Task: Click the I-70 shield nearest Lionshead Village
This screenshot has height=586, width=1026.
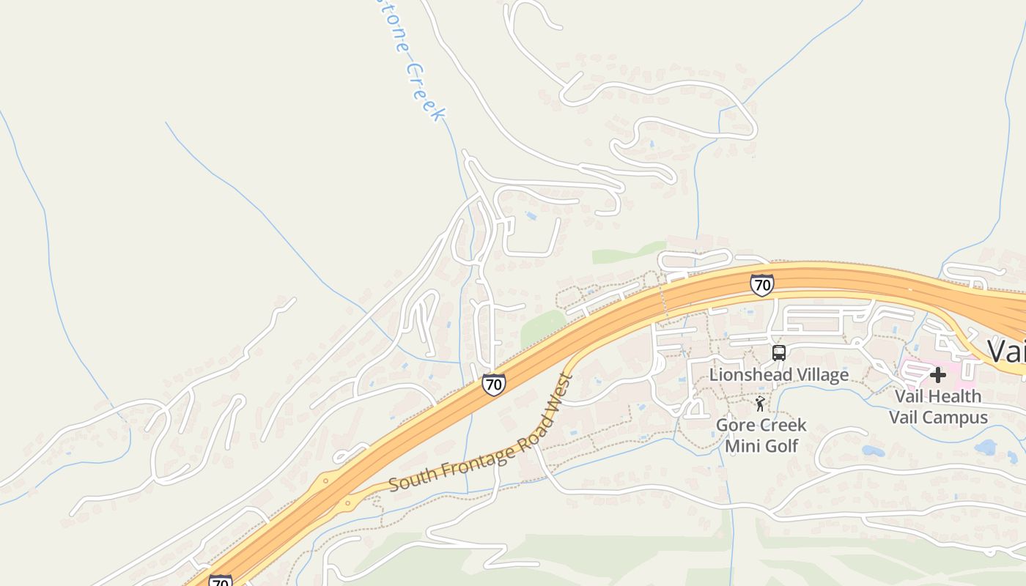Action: pyautogui.click(x=761, y=285)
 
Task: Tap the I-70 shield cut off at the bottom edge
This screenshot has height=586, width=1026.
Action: pyautogui.click(x=221, y=581)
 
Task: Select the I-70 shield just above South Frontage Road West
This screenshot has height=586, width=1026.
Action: pyautogui.click(x=493, y=384)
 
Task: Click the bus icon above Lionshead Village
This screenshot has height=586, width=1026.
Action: pyautogui.click(x=778, y=353)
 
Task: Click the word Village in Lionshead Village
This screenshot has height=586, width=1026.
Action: pyautogui.click(x=822, y=375)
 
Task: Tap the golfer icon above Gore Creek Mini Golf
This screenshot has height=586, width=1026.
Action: pyautogui.click(x=760, y=403)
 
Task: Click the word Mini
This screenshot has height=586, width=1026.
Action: pyautogui.click(x=742, y=445)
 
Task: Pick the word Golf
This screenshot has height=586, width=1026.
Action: pyautogui.click(x=781, y=445)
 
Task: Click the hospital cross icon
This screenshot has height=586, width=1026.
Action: pyautogui.click(x=937, y=375)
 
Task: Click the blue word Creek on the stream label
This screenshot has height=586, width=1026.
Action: pyautogui.click(x=425, y=92)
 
